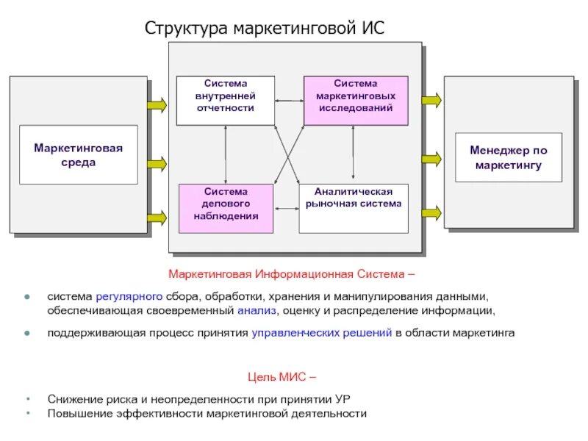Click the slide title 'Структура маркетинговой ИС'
265,29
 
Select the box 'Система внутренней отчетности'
225,98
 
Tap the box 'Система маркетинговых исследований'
355,98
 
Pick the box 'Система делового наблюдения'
226,207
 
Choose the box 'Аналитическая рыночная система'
354,207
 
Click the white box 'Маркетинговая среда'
78,154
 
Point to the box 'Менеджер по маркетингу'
508,157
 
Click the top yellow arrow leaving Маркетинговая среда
157,105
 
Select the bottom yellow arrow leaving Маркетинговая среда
157,217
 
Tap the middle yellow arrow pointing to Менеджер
431,158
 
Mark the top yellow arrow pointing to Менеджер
431,98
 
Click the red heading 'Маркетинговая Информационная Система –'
292,275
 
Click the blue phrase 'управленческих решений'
322,332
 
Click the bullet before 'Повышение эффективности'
28,413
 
